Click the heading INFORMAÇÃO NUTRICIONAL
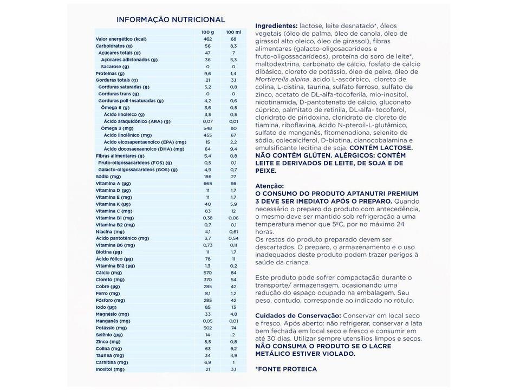tap(171, 19)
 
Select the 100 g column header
tap(207, 32)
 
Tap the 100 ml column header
tap(233, 32)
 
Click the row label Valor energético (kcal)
tap(121, 39)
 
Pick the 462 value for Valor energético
tap(207, 39)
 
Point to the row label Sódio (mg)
tap(108, 177)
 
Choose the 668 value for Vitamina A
tap(207, 184)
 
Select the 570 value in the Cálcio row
tap(207, 272)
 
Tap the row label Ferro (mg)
tap(107, 293)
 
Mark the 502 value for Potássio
tap(207, 328)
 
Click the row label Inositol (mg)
tap(110, 369)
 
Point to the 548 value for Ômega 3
tap(207, 128)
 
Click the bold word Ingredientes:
tap(276, 25)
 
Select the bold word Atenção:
tap(269, 185)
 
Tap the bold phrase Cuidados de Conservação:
tap(298, 315)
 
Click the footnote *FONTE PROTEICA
tap(286, 369)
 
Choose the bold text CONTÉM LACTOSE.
tap(381, 147)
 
